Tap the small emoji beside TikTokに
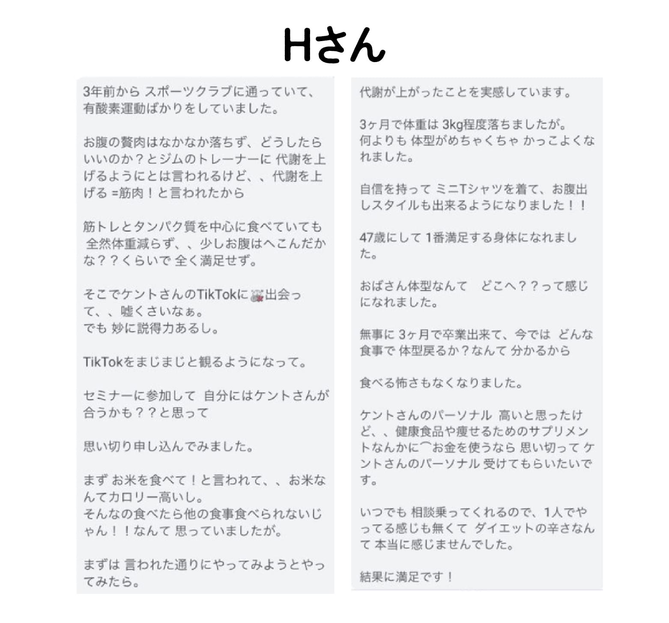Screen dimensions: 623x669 257,295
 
